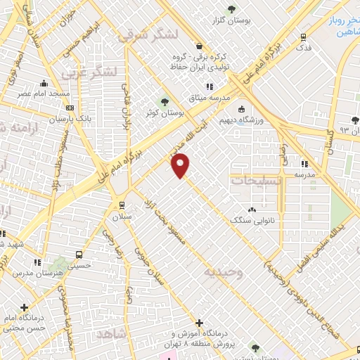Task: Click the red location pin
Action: pos(181,165)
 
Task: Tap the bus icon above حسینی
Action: pos(77,255)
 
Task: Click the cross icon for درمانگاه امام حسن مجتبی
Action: pos(25,307)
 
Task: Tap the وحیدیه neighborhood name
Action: pos(224,271)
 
